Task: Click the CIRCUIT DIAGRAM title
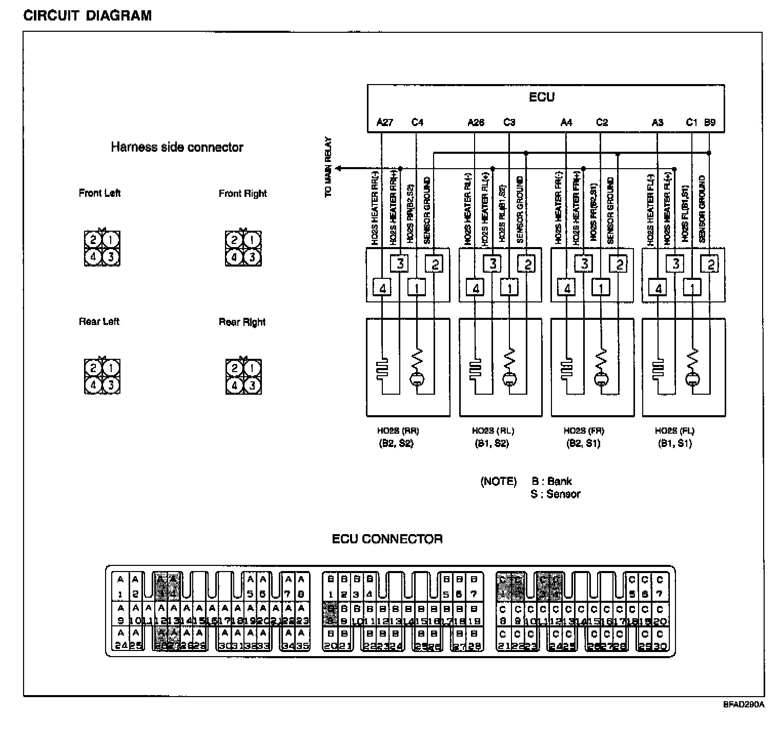point(88,16)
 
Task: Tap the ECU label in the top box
point(542,97)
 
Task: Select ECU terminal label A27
point(384,123)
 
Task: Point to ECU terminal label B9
point(710,123)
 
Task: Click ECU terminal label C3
point(509,123)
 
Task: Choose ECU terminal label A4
point(566,123)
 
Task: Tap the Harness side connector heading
point(177,148)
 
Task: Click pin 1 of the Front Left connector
point(111,240)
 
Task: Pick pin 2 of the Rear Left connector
point(93,368)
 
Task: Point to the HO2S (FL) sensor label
point(674,431)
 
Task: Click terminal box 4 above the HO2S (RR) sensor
point(382,289)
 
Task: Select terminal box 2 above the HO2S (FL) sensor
point(711,264)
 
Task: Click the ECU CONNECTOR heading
point(387,539)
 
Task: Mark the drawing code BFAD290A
point(744,705)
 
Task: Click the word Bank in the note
point(559,481)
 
